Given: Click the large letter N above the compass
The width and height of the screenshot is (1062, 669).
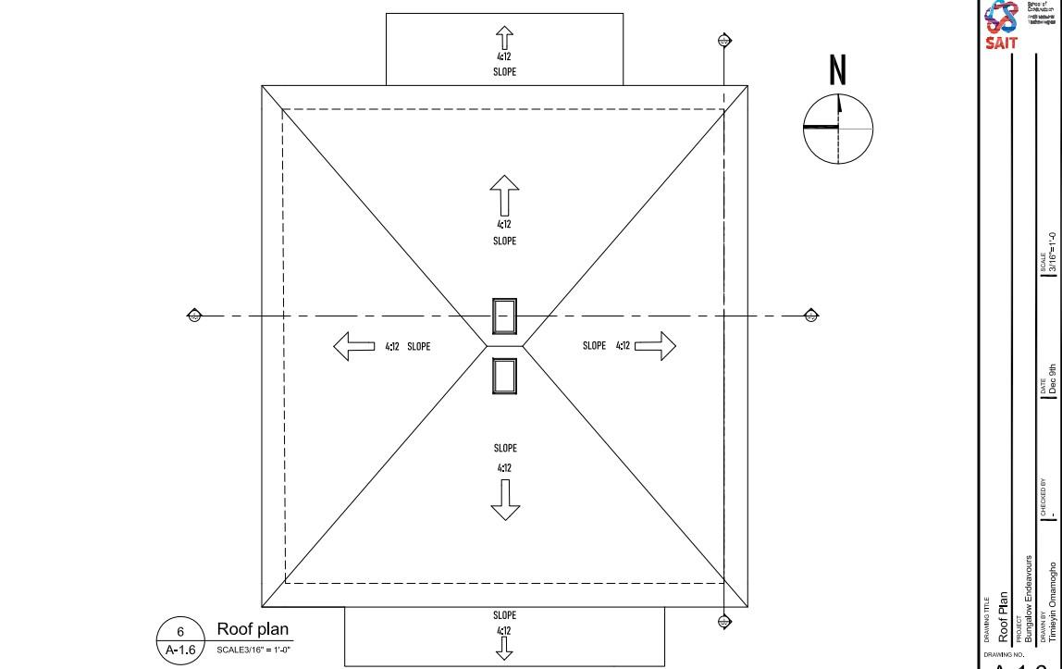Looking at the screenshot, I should [x=838, y=70].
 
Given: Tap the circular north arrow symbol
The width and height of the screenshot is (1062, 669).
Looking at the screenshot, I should [x=838, y=128].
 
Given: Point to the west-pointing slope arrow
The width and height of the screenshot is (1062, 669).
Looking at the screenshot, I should [x=354, y=347].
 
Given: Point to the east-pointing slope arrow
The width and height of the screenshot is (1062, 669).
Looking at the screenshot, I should [x=655, y=346].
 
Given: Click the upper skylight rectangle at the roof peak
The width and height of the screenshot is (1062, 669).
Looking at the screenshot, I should [x=504, y=316].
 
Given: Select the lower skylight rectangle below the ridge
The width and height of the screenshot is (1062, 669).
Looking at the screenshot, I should [x=504, y=376].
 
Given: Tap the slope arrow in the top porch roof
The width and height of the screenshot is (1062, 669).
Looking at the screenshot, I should [x=504, y=39].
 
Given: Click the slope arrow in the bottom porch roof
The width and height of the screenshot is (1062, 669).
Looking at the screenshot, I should [x=504, y=650].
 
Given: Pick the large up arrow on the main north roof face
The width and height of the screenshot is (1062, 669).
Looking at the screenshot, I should [x=504, y=195].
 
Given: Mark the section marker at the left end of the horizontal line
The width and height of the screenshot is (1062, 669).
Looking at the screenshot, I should [x=194, y=316].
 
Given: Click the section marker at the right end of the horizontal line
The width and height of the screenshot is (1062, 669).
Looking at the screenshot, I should [x=811, y=316].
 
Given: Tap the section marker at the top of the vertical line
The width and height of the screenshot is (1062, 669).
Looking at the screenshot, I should [x=724, y=41].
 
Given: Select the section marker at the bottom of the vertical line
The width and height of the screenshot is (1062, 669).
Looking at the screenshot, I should [x=724, y=622].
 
